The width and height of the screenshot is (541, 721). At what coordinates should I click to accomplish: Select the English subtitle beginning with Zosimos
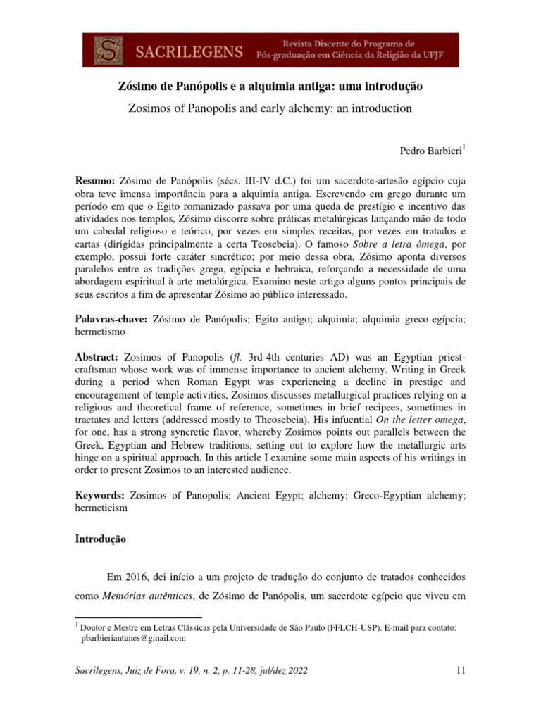click(270, 109)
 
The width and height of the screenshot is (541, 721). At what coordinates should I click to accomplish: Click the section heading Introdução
click(100, 540)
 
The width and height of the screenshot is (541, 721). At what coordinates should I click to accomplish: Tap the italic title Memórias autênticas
click(156, 597)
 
